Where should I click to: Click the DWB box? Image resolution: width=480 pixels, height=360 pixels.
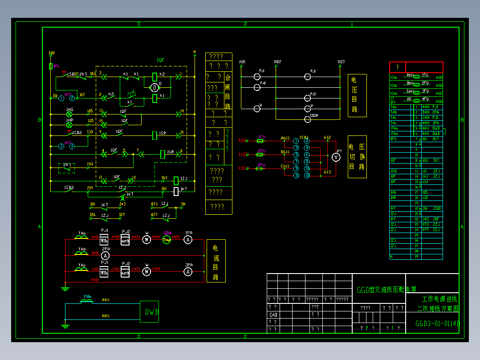pyautogui.click(x=149, y=311)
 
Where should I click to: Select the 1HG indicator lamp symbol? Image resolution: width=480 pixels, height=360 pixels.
pyautogui.click(x=69, y=114)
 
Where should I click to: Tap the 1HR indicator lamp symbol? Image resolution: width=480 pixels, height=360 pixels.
pyautogui.click(x=69, y=125)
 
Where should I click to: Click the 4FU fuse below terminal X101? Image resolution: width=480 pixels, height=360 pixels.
pyautogui.click(x=51, y=66)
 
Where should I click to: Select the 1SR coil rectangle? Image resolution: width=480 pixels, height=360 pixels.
pyautogui.click(x=155, y=134)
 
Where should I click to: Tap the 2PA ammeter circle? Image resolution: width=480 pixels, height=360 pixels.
pyautogui.click(x=106, y=255)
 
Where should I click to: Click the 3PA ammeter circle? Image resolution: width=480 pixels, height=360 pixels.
pyautogui.click(x=188, y=271)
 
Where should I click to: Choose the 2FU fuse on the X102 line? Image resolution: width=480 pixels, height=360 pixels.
pyautogui.click(x=261, y=154)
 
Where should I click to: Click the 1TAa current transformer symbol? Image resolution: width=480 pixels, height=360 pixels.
pyautogui.click(x=87, y=301)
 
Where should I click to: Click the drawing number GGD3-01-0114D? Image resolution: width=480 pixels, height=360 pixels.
pyautogui.click(x=438, y=323)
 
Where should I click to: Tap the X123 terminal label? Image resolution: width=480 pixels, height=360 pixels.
pyautogui.click(x=341, y=61)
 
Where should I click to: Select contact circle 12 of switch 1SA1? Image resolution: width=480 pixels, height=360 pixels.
pyautogui.click(x=307, y=176)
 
